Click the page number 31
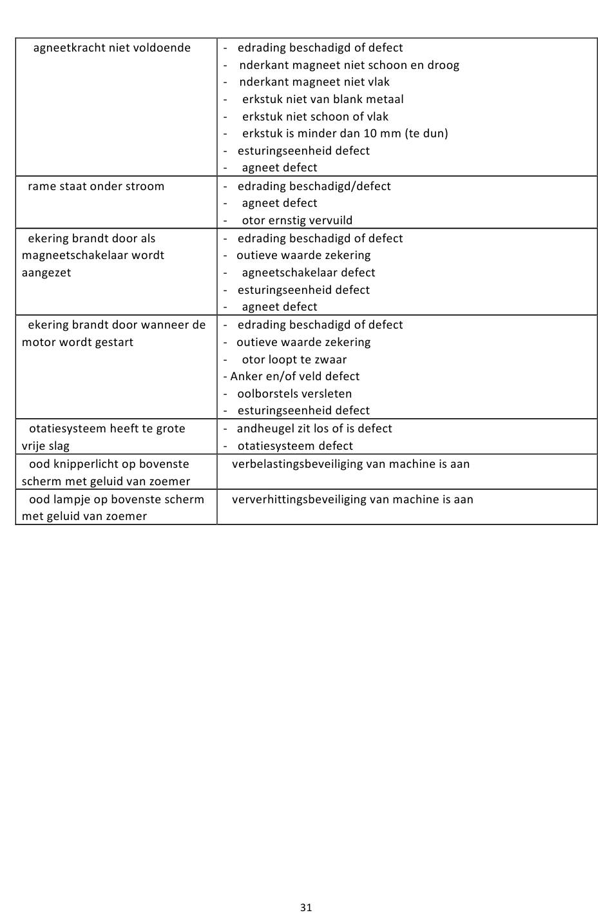pyautogui.click(x=306, y=907)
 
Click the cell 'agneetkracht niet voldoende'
pyautogui.click(x=111, y=48)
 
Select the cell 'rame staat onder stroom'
pyautogui.click(x=96, y=186)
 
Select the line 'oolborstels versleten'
pyautogui.click(x=294, y=394)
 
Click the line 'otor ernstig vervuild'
pyautogui.click(x=297, y=220)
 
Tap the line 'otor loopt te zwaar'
pyautogui.click(x=294, y=360)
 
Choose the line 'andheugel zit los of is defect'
pyautogui.click(x=314, y=429)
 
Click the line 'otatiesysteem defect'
pyautogui.click(x=295, y=446)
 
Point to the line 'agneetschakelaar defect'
pyautogui.click(x=308, y=273)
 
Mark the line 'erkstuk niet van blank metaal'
pyautogui.click(x=323, y=99)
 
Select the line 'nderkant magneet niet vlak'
pyautogui.click(x=314, y=82)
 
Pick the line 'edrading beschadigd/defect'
pyautogui.click(x=314, y=186)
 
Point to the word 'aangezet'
pyautogui.click(x=46, y=273)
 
